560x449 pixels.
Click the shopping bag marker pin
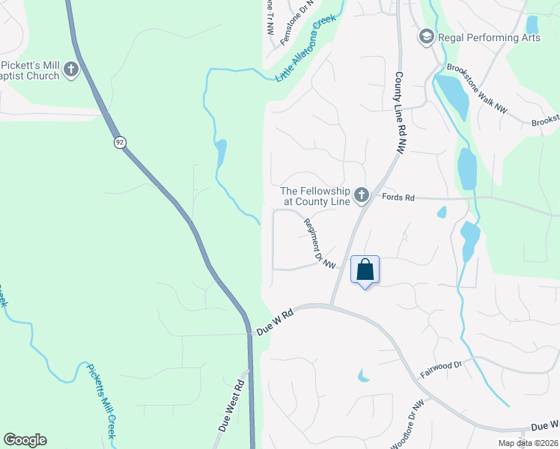pos(365,270)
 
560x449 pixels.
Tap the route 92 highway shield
pos(119,142)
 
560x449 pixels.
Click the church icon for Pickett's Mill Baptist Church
pos(71,70)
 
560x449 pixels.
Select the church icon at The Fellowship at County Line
pos(362,196)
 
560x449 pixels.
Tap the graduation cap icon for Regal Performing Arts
pos(426,37)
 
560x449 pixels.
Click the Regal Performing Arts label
pos(489,37)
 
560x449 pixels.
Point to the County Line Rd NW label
pos(400,113)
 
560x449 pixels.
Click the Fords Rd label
pos(398,198)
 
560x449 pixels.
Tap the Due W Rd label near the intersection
pos(273,323)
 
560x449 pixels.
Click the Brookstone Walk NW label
pos(477,88)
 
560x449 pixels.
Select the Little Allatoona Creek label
pos(305,51)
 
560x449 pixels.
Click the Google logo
pos(25,440)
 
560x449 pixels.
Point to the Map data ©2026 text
pos(527,443)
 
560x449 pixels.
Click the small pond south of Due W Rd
pos(363,376)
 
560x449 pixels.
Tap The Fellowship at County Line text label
pos(314,196)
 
